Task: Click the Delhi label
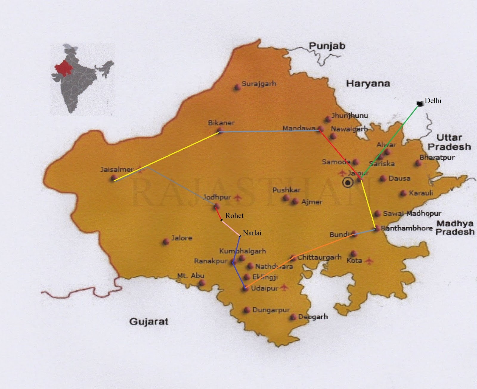pos(433,101)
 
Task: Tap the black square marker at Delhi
pos(420,104)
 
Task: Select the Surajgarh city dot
pos(237,87)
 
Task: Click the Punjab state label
pos(327,46)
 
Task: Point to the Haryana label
pos(368,83)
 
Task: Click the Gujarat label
pos(149,321)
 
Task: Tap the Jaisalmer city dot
pos(114,178)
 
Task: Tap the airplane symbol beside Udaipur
pos(284,287)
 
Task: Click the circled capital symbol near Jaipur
pos(348,182)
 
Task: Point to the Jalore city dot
pos(166,241)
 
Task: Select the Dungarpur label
pos(271,310)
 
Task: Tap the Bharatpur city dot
pos(418,163)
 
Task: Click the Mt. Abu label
pos(191,276)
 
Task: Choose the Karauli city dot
pos(403,193)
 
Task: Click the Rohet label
pos(234,216)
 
